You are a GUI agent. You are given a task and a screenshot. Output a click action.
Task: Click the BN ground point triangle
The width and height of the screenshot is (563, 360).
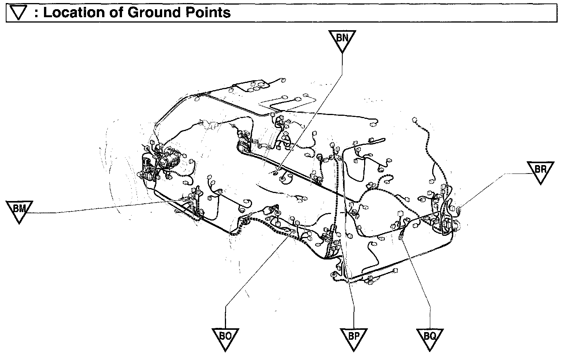[x=342, y=39]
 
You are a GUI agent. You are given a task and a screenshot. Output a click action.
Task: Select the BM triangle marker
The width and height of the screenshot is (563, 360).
[x=19, y=210]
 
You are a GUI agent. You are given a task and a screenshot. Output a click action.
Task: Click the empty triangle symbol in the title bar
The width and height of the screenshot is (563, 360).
[x=19, y=13]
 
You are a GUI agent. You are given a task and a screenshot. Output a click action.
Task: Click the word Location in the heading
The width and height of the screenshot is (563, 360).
[x=78, y=13]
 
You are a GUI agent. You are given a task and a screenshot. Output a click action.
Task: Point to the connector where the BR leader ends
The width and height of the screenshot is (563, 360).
[x=459, y=209]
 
